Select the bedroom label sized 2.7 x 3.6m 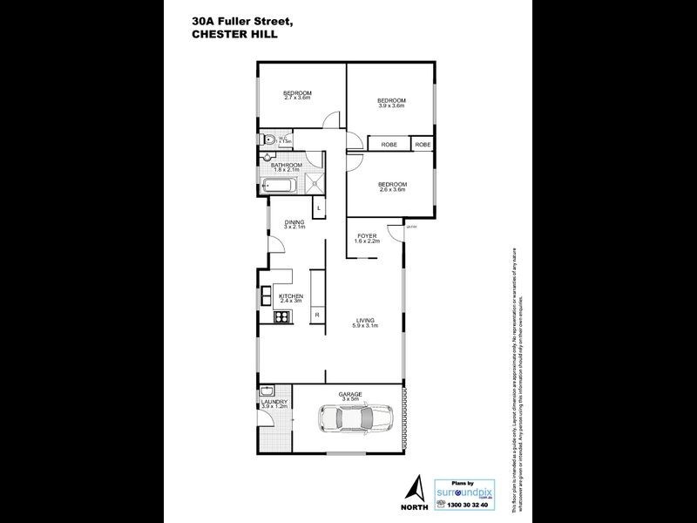297,95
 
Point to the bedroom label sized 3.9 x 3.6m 392,103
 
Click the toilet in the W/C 271,139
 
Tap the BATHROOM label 286,166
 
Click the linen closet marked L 319,207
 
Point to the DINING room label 294,224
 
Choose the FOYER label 366,237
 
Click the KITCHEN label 291,298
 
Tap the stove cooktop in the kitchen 281,318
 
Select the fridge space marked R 317,315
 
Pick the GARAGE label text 350,396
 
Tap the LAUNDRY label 274,404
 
